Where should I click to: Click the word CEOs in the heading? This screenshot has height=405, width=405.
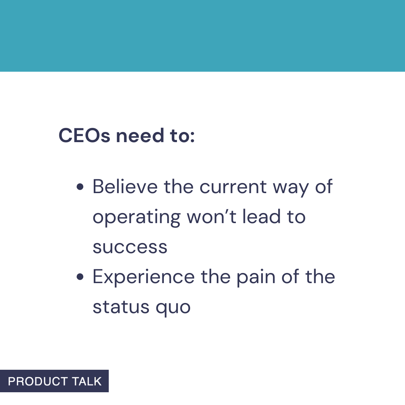pos(84,136)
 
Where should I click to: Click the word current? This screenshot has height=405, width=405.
pos(233,187)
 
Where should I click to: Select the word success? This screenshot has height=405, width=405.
pos(130,247)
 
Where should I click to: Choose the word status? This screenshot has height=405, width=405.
pos(115,307)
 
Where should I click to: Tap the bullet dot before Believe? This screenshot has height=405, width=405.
pos(79,187)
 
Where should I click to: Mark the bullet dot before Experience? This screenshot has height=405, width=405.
pos(79,277)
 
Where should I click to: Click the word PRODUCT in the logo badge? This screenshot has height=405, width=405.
pos(37,381)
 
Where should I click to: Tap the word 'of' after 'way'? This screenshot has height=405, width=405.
pos(324,186)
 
